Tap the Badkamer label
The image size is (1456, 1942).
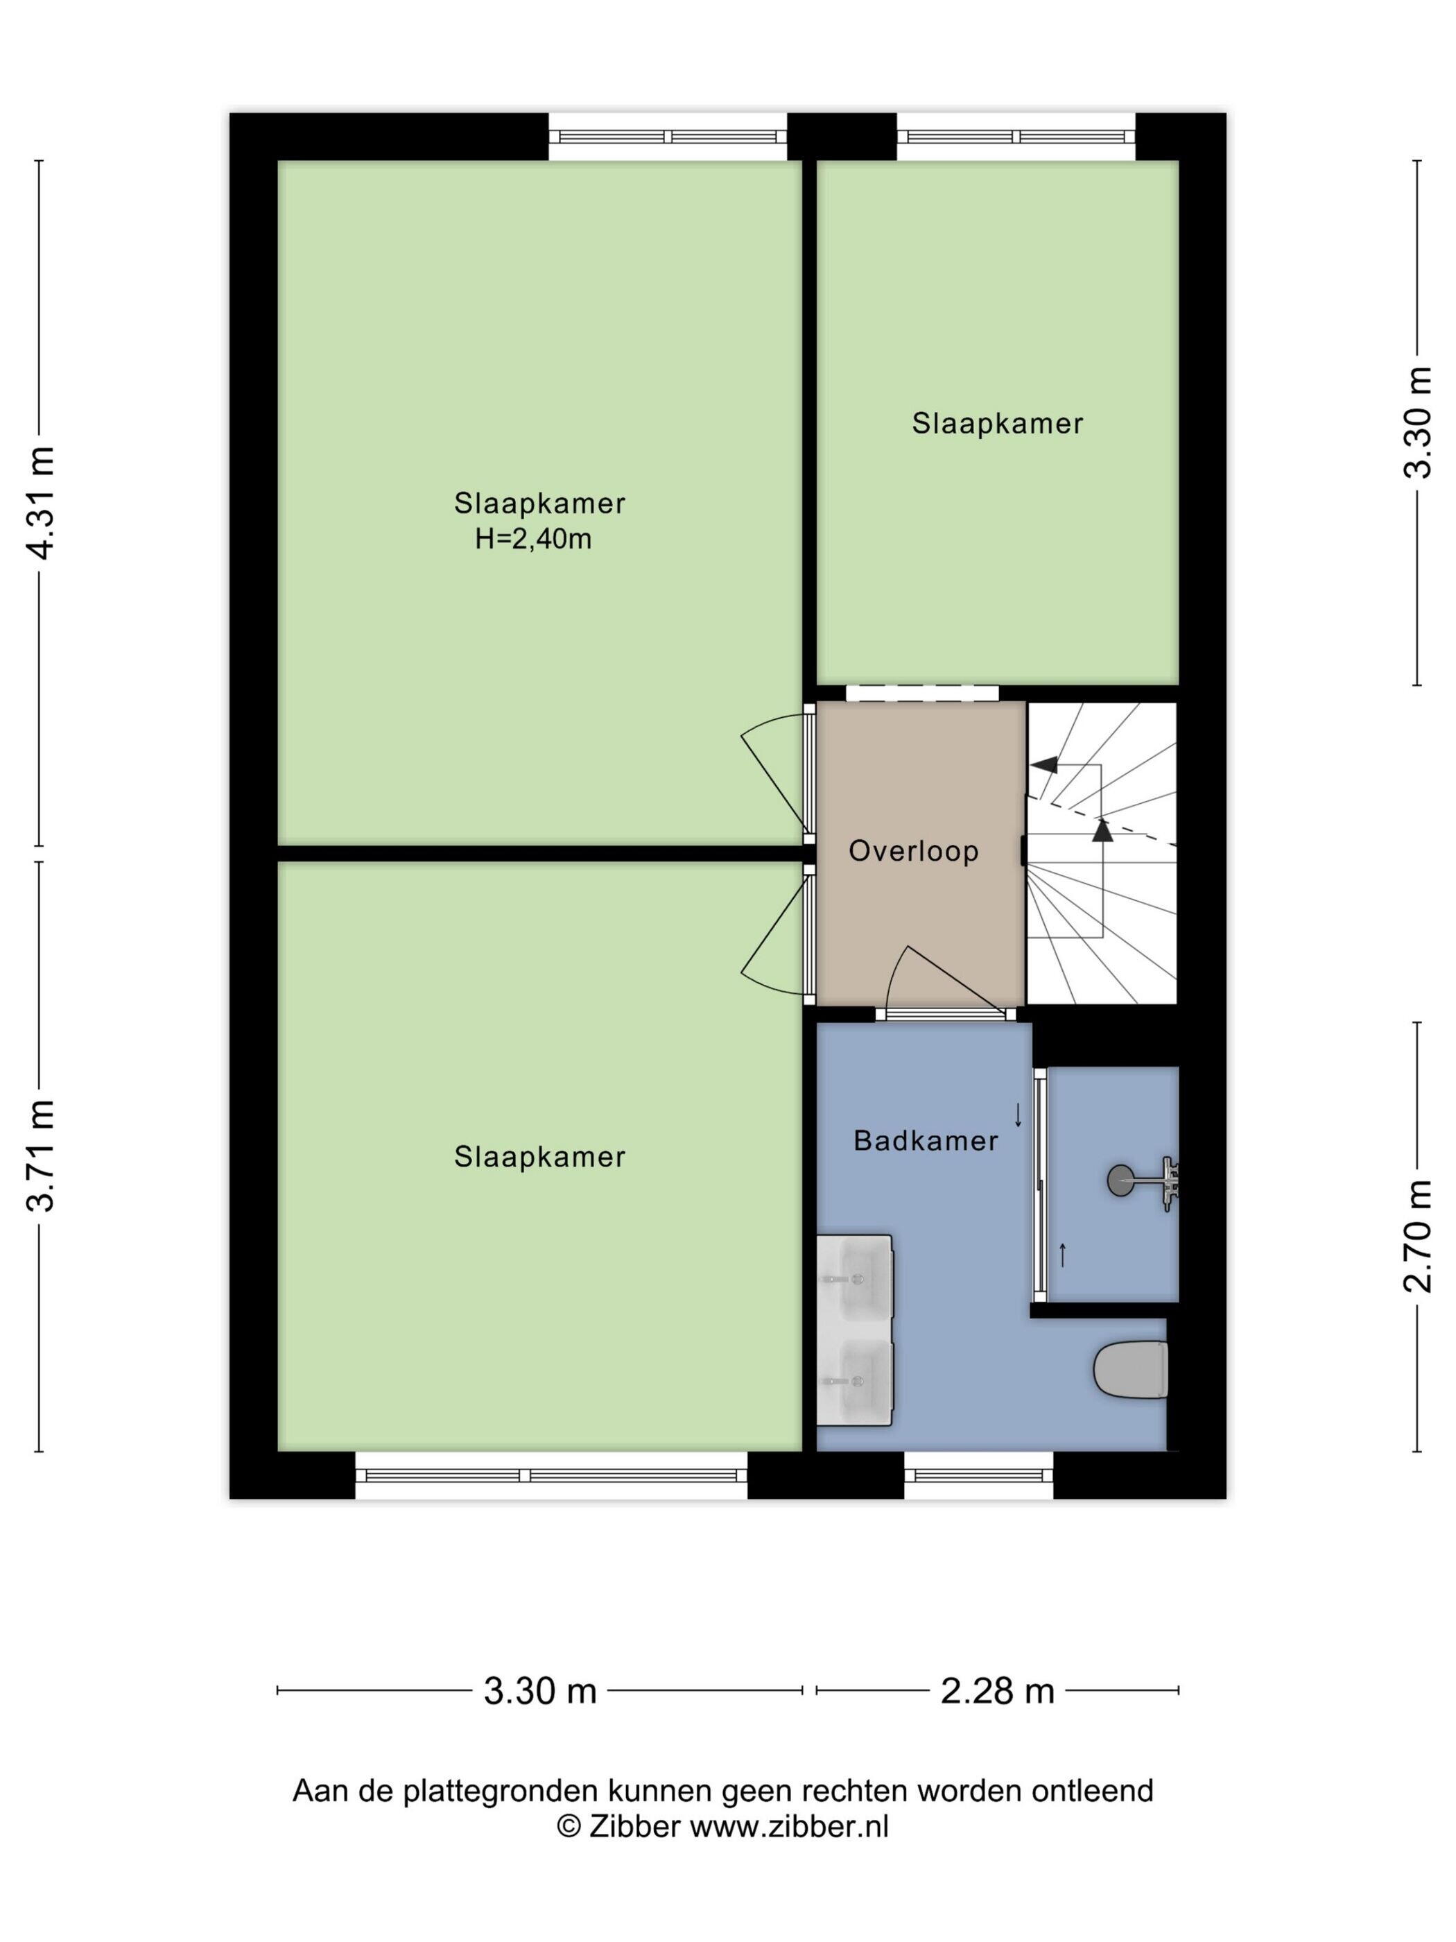[x=926, y=1140]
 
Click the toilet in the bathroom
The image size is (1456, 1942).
[x=1130, y=1368]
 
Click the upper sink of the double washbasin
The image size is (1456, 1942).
[x=854, y=1280]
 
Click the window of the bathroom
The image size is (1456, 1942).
[x=978, y=1475]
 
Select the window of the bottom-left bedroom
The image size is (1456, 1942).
[x=551, y=1475]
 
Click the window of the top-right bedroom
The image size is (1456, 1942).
[x=1016, y=137]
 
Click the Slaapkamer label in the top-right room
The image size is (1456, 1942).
[x=997, y=424]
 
